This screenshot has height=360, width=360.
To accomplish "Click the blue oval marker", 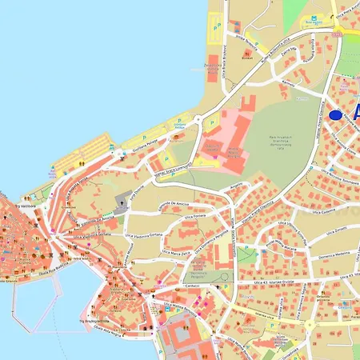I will point(334,115).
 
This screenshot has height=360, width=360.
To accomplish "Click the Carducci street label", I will point(192,285).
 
